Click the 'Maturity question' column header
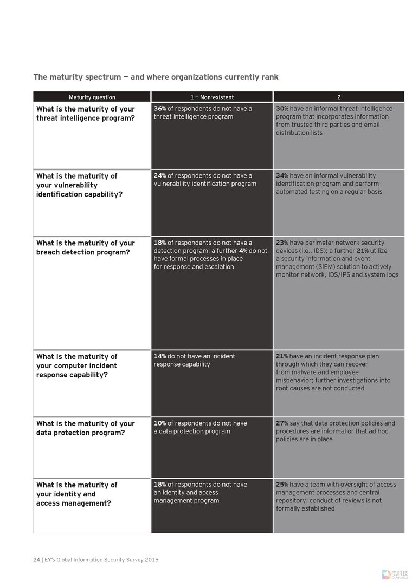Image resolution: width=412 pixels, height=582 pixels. pos(92,97)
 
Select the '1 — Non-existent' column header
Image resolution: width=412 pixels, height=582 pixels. pos(212,97)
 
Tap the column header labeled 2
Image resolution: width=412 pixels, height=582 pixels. pos(339,97)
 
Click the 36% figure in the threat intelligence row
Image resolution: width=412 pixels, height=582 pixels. pos(160,109)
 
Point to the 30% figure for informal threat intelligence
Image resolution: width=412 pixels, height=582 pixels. pos(282,109)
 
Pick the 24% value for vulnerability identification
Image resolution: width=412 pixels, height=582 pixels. pos(160,176)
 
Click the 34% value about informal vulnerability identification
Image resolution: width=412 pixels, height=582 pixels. pos(282,176)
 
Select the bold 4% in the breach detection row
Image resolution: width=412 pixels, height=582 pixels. pos(243,251)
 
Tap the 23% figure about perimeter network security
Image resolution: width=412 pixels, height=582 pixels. pos(282,243)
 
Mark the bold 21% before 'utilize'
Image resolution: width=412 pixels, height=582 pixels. pos(362,251)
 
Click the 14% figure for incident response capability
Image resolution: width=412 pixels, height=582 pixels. pos(160,356)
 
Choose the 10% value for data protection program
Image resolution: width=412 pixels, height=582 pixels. pos(160,423)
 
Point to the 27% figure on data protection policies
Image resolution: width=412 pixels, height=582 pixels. pos(282,423)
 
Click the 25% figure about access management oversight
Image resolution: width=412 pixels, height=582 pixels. pos(282,485)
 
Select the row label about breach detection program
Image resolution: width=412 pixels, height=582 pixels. pos(85,247)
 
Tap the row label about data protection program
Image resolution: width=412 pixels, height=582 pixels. pos(85,428)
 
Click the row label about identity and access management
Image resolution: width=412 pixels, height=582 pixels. pos(76,494)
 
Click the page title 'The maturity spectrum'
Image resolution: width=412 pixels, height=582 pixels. pos(156,77)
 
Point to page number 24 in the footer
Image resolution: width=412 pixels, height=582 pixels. pos(36,560)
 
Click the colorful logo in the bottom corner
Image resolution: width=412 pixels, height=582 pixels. pos(386,574)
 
